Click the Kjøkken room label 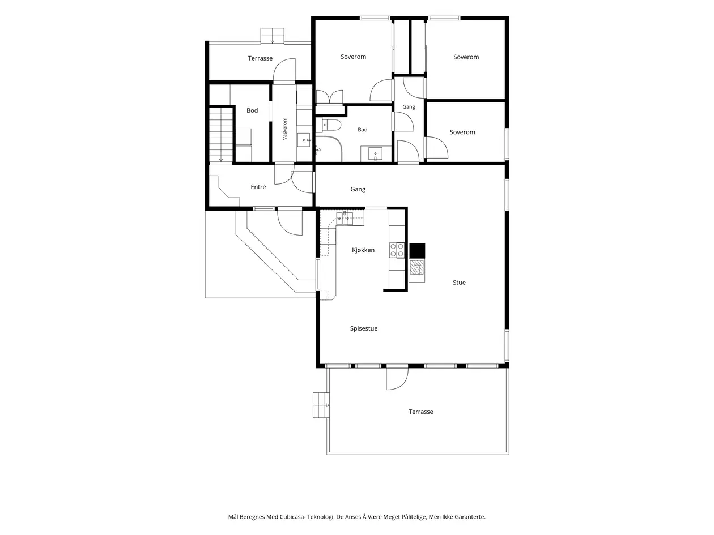363,250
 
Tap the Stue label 459,283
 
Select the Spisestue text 364,329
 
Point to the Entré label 258,187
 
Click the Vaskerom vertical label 285,129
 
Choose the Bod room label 252,110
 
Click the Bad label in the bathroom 362,130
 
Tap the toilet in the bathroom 331,125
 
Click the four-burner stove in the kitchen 397,250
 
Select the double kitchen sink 344,219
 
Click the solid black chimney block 417,250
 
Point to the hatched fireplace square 416,267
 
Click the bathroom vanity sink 375,154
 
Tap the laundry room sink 304,140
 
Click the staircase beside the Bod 221,135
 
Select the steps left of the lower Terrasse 321,405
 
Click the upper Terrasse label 260,58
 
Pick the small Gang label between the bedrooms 409,107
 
